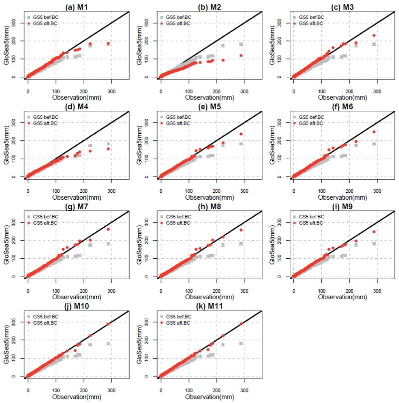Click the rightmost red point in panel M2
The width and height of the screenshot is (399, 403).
pyautogui.click(x=241, y=55)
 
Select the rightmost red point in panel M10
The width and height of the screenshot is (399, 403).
pyautogui.click(x=108, y=324)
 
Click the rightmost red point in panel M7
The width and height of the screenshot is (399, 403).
pyautogui.click(x=108, y=229)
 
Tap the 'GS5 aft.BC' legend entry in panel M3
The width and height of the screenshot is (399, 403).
pyautogui.click(x=314, y=23)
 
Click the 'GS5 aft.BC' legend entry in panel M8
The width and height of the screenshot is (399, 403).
pyautogui.click(x=181, y=223)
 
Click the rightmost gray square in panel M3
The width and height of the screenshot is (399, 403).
pyautogui.click(x=374, y=44)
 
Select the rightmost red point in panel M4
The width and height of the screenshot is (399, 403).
pyautogui.click(x=108, y=149)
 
